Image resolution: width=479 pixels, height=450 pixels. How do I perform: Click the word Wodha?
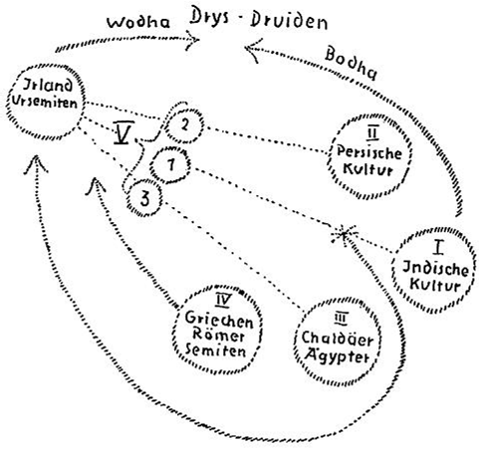pyautogui.click(x=138, y=22)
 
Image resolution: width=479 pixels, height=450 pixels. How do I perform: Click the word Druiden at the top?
pyautogui.click(x=289, y=21)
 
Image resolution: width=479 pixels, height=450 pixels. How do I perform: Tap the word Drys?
pyautogui.click(x=209, y=17)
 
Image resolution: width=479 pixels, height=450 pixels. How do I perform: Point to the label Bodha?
pyautogui.click(x=352, y=64)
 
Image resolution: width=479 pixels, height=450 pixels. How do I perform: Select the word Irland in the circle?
pyautogui.click(x=47, y=86)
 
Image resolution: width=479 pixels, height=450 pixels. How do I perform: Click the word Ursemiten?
pyautogui.click(x=45, y=102)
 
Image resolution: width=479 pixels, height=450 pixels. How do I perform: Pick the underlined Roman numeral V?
pyautogui.click(x=123, y=132)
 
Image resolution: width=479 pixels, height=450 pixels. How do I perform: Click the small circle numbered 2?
pyautogui.click(x=183, y=126)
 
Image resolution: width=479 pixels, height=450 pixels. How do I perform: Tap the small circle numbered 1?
pyautogui.click(x=170, y=165)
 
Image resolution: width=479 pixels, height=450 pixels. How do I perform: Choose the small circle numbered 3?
pyautogui.click(x=144, y=198)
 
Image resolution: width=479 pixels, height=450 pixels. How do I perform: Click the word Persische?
pyautogui.click(x=368, y=153)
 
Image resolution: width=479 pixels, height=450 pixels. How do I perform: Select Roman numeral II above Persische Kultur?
pyautogui.click(x=372, y=133)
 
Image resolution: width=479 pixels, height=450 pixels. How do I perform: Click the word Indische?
pyautogui.click(x=435, y=268)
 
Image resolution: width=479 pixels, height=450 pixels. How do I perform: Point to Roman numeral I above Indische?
pyautogui.click(x=439, y=247)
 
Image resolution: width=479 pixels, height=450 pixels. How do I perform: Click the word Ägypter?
pyautogui.click(x=338, y=356)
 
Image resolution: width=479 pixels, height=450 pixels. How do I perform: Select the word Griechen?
pyautogui.click(x=219, y=320)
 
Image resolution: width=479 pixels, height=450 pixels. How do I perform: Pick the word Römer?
pyautogui.click(x=218, y=335)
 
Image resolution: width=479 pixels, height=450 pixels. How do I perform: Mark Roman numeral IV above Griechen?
pyautogui.click(x=223, y=301)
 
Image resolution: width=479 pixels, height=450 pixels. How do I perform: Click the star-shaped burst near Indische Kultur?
pyautogui.click(x=345, y=235)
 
